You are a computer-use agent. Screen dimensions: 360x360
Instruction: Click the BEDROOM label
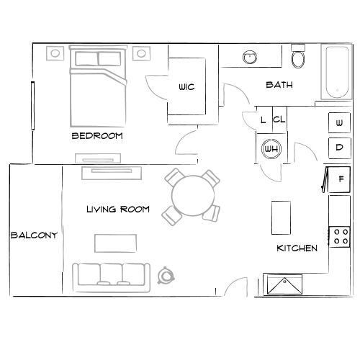97,135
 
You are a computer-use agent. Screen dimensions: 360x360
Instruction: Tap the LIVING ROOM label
118,210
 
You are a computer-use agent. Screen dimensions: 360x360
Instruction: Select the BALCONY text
34,235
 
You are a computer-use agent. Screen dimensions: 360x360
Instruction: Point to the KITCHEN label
297,248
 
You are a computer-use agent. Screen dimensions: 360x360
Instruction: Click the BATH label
279,85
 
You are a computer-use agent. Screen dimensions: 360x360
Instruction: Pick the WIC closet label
186,87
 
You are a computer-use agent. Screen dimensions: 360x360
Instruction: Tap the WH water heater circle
271,149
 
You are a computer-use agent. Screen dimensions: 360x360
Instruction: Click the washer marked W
339,124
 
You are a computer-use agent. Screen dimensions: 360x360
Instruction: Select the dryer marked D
339,148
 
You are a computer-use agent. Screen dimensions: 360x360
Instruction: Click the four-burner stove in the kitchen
340,235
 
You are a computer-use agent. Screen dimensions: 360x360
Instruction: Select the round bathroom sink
251,57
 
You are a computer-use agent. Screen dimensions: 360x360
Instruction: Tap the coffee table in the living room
116,242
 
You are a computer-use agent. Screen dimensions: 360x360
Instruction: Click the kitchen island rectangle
280,217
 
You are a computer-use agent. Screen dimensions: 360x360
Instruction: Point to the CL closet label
279,120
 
